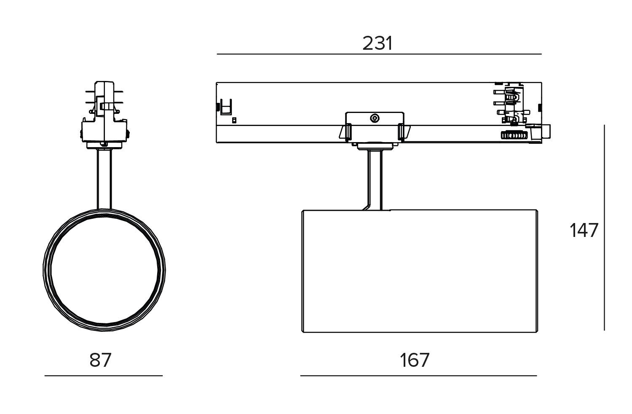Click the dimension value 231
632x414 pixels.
(x=378, y=43)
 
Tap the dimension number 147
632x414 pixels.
(x=584, y=231)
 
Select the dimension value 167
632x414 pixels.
(x=415, y=360)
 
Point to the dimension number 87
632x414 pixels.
(x=100, y=360)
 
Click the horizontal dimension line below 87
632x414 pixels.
(x=103, y=375)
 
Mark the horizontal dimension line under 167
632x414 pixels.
(x=418, y=375)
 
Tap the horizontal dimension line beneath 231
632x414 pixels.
(x=379, y=54)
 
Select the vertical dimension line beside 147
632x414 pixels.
(x=604, y=228)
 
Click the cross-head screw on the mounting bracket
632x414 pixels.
(x=374, y=118)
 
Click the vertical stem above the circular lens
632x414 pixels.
(x=104, y=179)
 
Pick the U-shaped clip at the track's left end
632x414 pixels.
(x=227, y=107)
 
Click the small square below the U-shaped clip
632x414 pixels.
(x=234, y=120)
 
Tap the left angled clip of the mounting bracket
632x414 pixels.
(x=345, y=132)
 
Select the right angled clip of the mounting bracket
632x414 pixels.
(x=403, y=132)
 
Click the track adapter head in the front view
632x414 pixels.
(x=104, y=114)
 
